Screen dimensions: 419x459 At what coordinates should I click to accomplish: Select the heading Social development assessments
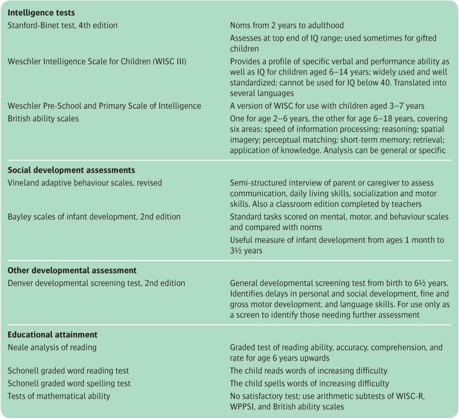(x=72, y=170)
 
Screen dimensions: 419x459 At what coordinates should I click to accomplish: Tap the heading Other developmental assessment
(x=72, y=271)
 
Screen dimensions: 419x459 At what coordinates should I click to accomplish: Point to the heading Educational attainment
(x=53, y=335)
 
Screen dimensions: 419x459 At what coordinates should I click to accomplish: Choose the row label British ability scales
(x=44, y=118)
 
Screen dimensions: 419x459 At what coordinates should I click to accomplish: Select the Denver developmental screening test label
(x=97, y=283)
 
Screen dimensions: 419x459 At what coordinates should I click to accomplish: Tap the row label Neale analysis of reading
(x=52, y=347)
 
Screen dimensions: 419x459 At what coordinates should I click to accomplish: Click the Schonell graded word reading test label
(x=68, y=371)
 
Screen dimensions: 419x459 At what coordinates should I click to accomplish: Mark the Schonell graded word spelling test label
(x=69, y=383)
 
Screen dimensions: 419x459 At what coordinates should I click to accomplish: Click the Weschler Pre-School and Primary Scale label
(x=104, y=106)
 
